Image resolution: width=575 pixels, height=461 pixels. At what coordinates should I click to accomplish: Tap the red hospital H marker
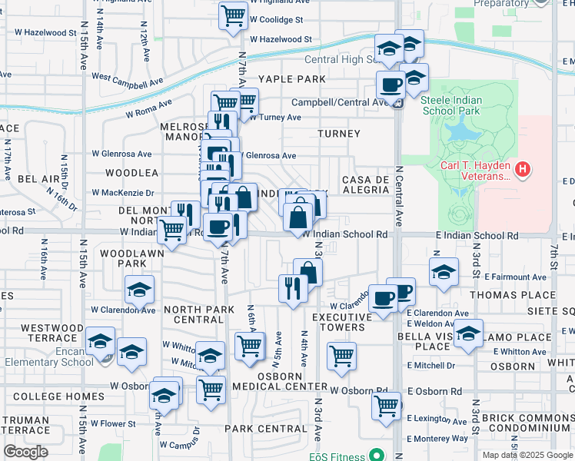coord(523,168)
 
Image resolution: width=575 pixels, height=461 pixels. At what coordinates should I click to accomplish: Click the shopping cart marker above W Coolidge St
coord(233,15)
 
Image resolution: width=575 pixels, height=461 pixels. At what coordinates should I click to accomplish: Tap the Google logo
coord(26,453)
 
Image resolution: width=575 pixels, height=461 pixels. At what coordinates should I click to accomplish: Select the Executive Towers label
coord(337,321)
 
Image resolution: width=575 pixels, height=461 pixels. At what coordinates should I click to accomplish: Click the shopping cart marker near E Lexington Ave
coord(386,405)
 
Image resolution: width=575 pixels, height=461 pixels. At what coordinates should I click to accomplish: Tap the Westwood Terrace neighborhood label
coord(52,332)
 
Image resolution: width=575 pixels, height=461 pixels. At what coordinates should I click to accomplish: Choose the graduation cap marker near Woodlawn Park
coord(139,290)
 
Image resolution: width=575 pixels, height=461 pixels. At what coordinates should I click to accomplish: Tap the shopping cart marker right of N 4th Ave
coord(341,357)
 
